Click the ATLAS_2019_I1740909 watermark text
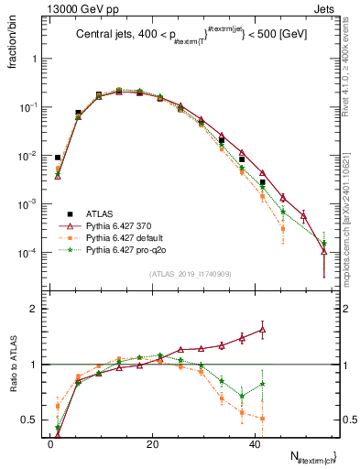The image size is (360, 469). point(188,274)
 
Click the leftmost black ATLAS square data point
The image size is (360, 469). point(58,158)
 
